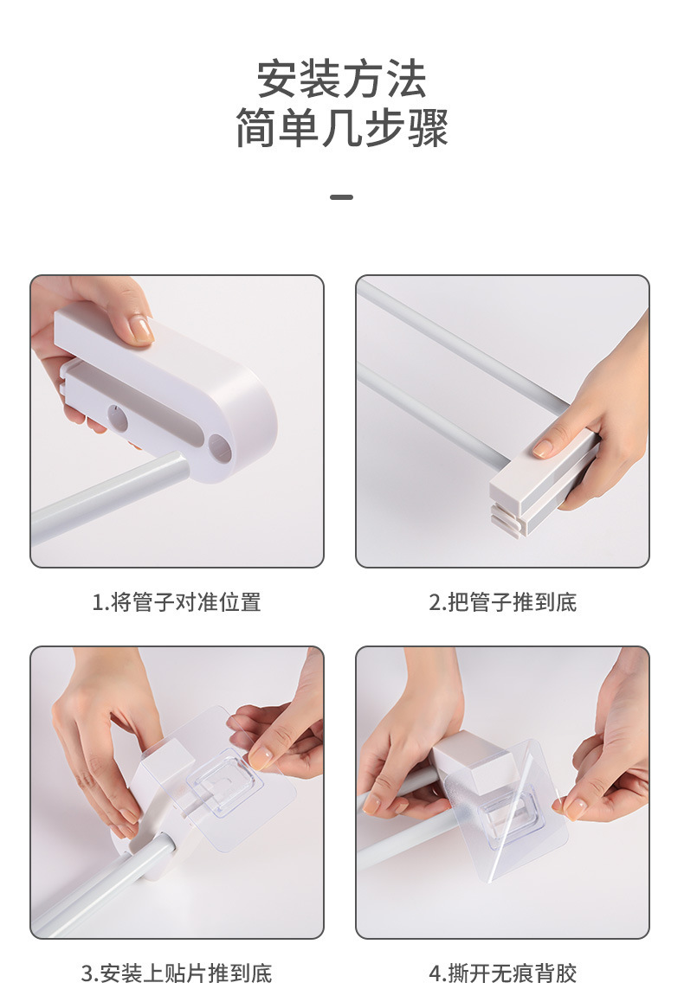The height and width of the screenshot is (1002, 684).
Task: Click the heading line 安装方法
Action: coord(341,80)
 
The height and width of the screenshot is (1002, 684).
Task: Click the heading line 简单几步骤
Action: coord(341,128)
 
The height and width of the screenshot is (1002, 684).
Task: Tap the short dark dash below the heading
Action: coord(341,196)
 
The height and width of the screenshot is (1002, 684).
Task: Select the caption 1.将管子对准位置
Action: coord(177,602)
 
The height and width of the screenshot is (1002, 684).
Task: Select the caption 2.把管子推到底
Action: coord(502,602)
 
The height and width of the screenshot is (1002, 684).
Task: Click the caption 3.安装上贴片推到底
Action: coord(177,973)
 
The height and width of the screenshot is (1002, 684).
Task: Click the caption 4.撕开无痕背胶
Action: coord(502,973)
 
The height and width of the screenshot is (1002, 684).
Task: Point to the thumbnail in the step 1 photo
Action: coord(140,329)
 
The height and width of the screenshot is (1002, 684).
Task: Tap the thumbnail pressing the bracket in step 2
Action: coord(544,448)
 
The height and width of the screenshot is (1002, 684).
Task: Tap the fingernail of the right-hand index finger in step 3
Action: coord(260,758)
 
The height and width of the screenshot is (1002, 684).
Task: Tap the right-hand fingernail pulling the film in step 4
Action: coord(575,808)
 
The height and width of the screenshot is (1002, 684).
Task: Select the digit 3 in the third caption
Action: coord(87,973)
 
